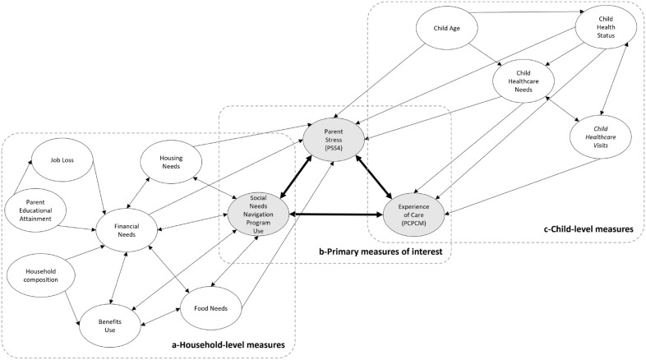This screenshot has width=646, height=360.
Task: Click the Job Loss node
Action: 62,159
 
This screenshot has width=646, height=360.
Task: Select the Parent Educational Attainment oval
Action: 35,210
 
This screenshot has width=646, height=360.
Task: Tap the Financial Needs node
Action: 127,230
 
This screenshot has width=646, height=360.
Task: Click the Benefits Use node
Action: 110,325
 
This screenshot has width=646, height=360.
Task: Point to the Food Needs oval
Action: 210,308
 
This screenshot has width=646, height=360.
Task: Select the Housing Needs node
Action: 171,162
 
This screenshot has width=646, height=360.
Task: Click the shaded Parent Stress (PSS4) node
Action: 334,140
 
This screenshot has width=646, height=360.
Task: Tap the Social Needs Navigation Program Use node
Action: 258,215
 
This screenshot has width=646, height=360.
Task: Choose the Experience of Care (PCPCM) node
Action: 413,215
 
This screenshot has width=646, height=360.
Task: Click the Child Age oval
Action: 446,29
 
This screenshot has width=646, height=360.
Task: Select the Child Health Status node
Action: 606,27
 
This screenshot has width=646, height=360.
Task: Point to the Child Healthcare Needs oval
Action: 524,81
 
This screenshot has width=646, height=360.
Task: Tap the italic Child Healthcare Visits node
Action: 600,137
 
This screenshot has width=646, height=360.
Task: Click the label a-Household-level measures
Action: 228,344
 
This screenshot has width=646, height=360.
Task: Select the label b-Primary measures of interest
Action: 381,251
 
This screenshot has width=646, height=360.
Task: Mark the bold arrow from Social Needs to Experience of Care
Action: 336,215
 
